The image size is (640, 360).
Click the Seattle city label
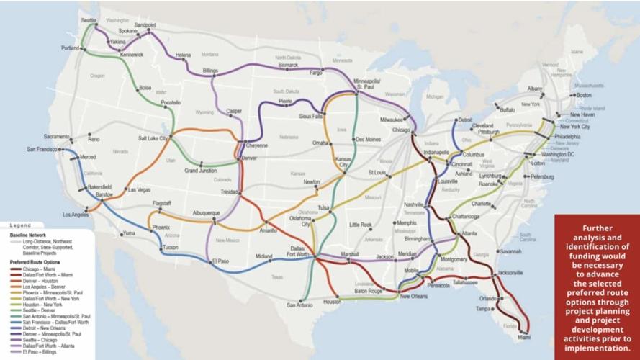click(89, 20)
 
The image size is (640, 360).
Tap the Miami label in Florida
click(523, 336)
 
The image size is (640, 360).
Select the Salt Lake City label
click(153, 138)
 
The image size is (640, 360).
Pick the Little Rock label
click(361, 225)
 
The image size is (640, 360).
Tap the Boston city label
click(583, 95)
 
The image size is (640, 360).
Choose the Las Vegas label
click(138, 189)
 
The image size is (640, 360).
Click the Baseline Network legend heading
click(27, 235)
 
